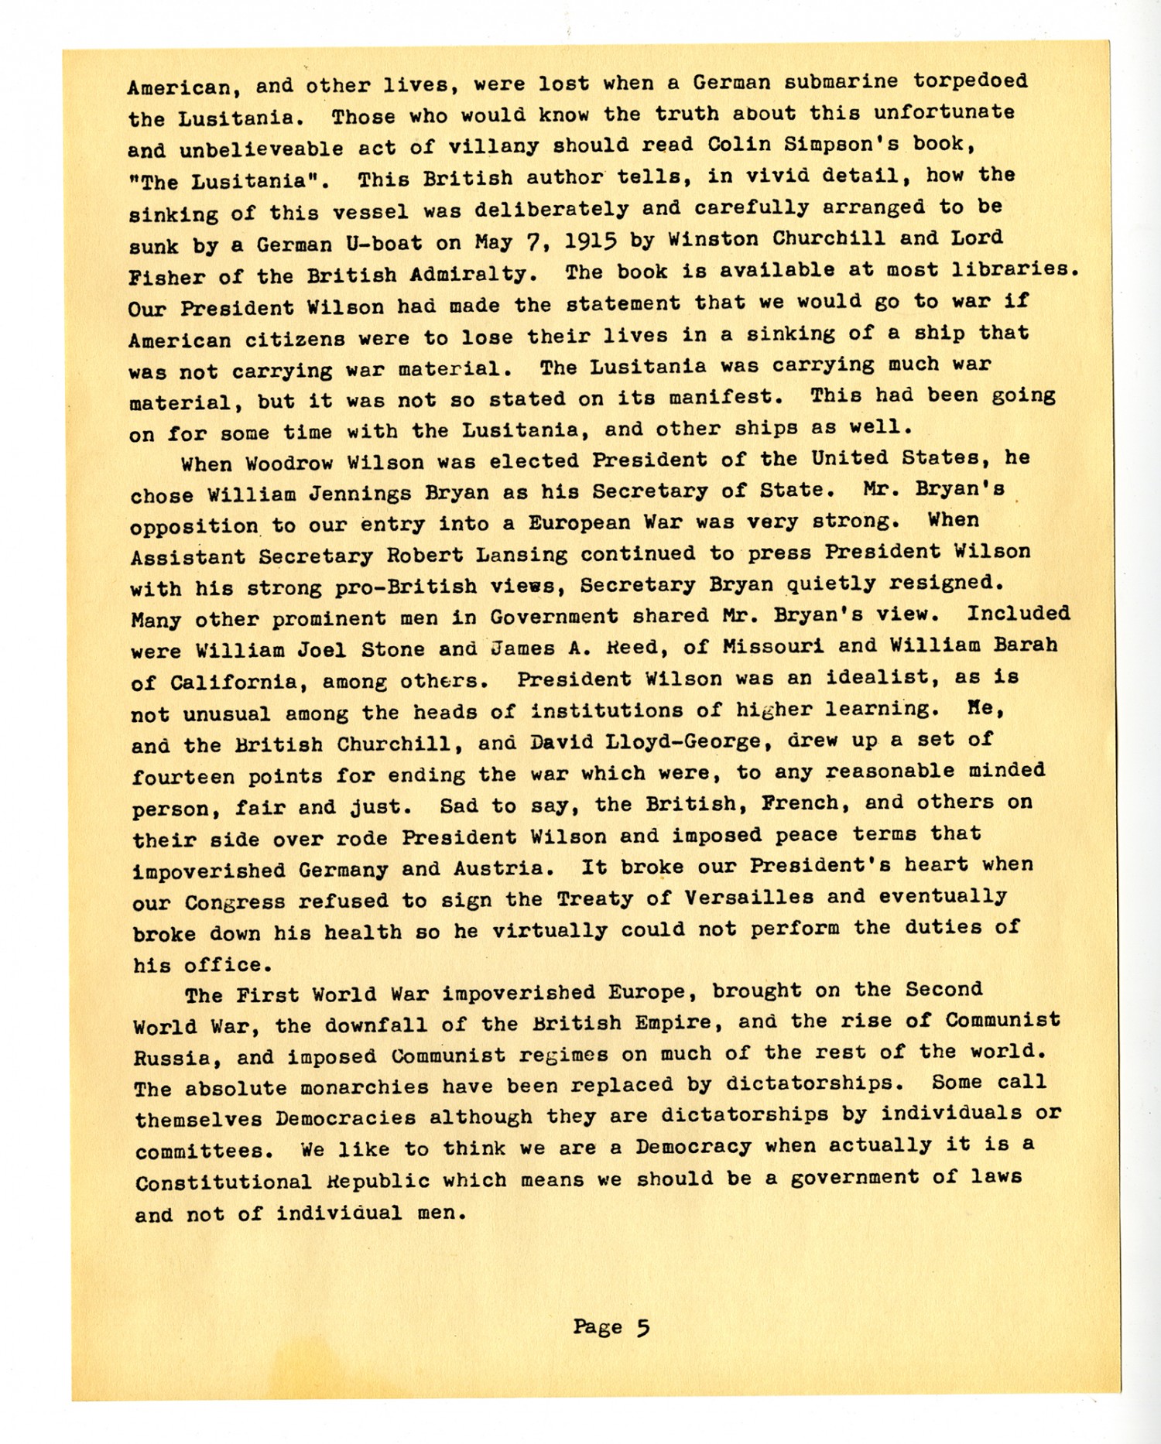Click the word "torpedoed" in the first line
coord(970,80)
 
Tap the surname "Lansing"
coord(522,554)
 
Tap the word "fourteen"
coord(183,776)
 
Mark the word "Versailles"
coord(748,898)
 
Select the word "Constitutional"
coord(223,1182)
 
